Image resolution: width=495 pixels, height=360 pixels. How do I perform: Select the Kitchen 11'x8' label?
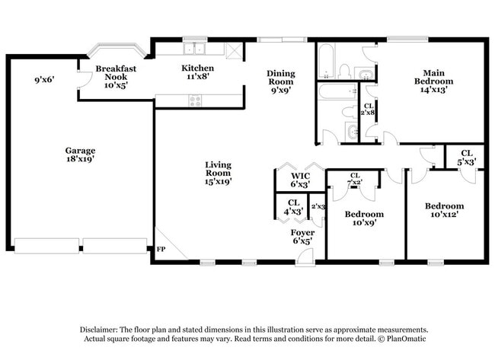(192, 72)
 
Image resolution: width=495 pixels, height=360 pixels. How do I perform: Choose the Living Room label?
(218, 173)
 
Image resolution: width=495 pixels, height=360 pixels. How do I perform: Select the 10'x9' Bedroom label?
(363, 218)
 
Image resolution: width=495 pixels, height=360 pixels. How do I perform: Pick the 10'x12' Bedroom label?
(444, 210)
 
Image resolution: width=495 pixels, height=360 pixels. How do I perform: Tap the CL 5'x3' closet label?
(466, 157)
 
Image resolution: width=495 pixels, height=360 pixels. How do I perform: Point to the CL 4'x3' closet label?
(293, 206)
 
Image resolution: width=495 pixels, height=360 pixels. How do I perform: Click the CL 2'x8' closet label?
(369, 110)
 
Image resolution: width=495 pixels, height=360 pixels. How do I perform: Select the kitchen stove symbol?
(195, 100)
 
